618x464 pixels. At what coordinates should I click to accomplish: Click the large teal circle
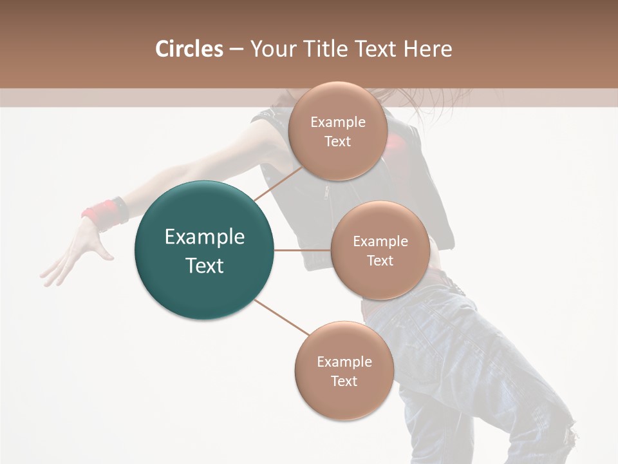204,250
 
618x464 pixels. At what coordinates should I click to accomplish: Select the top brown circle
337,131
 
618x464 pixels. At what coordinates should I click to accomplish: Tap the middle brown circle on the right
380,250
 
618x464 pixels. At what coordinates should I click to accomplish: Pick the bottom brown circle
344,371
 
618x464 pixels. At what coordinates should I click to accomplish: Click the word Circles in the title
189,49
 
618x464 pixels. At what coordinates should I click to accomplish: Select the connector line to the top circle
278,183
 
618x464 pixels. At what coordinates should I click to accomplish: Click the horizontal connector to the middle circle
302,250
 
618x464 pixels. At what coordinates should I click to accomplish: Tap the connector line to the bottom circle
281,317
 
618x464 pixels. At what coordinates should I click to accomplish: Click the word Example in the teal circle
204,237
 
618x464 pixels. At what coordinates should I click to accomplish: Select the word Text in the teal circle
204,266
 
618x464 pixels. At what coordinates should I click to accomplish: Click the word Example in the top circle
337,122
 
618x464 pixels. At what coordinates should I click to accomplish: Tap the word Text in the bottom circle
344,381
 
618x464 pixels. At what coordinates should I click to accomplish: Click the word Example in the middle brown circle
380,241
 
